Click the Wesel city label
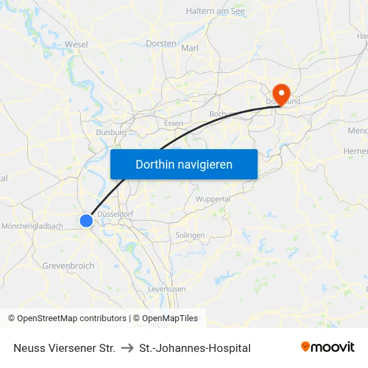(76, 44)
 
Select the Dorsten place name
(161, 43)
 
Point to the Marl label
(190, 48)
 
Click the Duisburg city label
(111, 132)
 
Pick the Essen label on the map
(173, 124)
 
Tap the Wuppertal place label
(213, 199)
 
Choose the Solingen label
(189, 236)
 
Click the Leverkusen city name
(167, 288)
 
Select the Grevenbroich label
(68, 266)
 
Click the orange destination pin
(281, 93)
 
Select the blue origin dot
(86, 220)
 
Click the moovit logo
(327, 347)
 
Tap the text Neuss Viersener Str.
(64, 348)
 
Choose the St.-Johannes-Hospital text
(195, 348)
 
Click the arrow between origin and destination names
(126, 348)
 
